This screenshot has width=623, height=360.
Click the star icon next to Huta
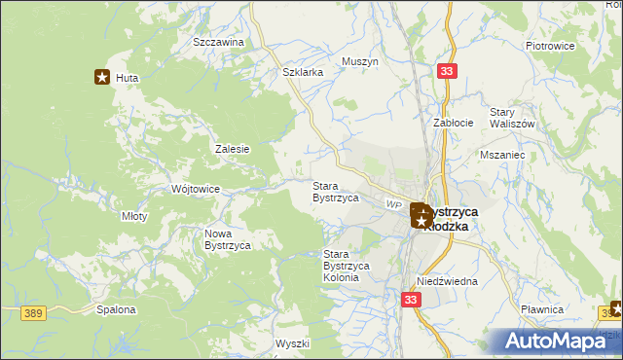point(101,77)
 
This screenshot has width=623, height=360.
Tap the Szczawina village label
point(218,43)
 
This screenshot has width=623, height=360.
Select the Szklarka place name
point(302,72)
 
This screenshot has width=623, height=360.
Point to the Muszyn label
point(359,61)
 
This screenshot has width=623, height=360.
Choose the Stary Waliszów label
point(512,118)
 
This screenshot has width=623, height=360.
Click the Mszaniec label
point(502,155)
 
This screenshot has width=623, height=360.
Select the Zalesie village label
point(233,149)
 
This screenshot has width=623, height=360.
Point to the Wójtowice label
point(195,189)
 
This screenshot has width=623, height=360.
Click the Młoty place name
point(133,216)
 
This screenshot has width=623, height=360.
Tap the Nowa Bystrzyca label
point(228,239)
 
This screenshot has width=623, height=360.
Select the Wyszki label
point(292,343)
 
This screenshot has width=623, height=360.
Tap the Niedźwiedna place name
point(447,281)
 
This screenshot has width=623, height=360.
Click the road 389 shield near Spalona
point(34,311)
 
